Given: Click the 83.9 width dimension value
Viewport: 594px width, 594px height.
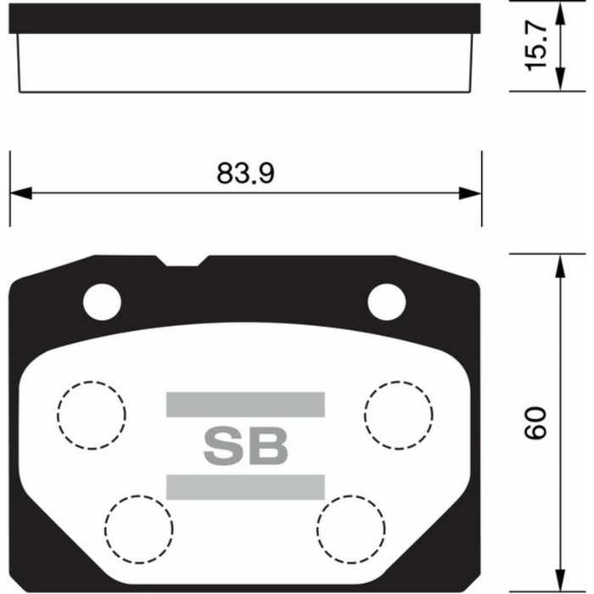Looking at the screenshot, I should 245,173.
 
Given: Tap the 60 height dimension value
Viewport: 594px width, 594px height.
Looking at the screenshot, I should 535,422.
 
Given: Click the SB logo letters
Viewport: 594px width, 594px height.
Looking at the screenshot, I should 245,445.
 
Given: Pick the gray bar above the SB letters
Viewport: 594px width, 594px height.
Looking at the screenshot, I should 245,404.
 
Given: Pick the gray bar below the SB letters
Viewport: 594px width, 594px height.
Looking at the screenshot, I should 245,486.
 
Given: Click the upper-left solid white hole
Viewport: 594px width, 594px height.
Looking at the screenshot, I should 102,300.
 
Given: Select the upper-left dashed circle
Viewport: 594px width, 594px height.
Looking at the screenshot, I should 91,415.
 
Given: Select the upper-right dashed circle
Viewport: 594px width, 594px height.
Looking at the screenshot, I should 399,415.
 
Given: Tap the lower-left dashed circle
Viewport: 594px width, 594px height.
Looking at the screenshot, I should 139,528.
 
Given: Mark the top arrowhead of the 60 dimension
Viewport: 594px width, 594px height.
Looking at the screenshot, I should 559,267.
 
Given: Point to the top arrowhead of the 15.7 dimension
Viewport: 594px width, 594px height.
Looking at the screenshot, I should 559,15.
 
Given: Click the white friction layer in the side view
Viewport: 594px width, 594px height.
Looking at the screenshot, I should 245,64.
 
